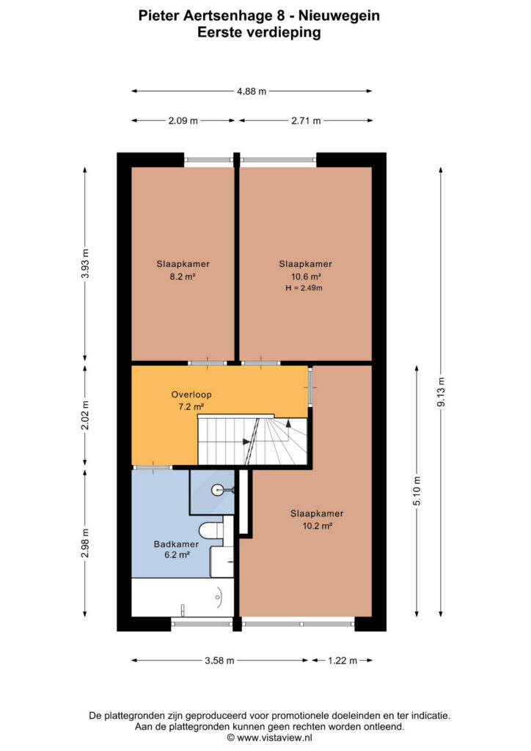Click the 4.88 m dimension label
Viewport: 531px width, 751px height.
tap(252, 91)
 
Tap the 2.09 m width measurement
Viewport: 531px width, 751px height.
tap(183, 121)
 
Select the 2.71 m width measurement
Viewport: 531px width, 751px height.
tap(306, 121)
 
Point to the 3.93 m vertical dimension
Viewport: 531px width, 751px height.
tap(85, 263)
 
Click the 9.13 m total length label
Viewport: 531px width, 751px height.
tap(441, 392)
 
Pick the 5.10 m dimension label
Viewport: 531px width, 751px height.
tap(417, 491)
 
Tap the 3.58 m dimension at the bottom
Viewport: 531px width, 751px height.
tap(219, 661)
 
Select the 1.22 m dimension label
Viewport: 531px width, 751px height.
tap(343, 661)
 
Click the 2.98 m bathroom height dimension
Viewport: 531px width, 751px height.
tap(85, 543)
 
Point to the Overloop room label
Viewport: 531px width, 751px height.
tap(191, 395)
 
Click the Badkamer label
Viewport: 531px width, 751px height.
tap(176, 544)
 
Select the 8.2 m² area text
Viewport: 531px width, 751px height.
tap(183, 276)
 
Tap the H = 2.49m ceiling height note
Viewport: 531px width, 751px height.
tap(304, 287)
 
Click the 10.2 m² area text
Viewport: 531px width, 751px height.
tap(318, 526)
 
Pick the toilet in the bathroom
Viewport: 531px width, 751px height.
tap(211, 531)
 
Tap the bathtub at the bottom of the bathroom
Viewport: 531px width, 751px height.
tap(183, 597)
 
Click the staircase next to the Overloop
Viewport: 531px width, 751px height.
tap(252, 441)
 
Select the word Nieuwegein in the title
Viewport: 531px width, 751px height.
tap(339, 16)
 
